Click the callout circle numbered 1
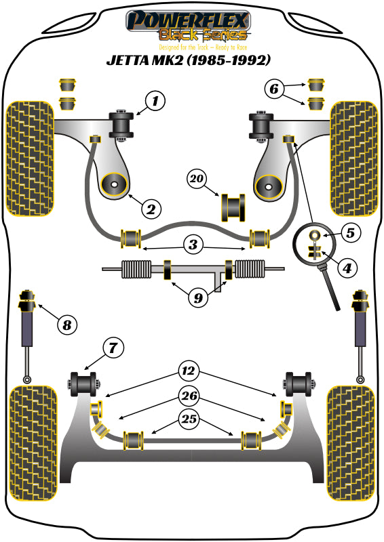pos(155,102)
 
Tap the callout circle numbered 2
pos(150,208)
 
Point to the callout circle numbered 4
pos(347,268)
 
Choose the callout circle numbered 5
pos(349,234)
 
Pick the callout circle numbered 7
pos(113,349)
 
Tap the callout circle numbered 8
pos(66,326)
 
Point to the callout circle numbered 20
pos(197,179)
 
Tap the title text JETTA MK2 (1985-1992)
pos(189,60)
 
